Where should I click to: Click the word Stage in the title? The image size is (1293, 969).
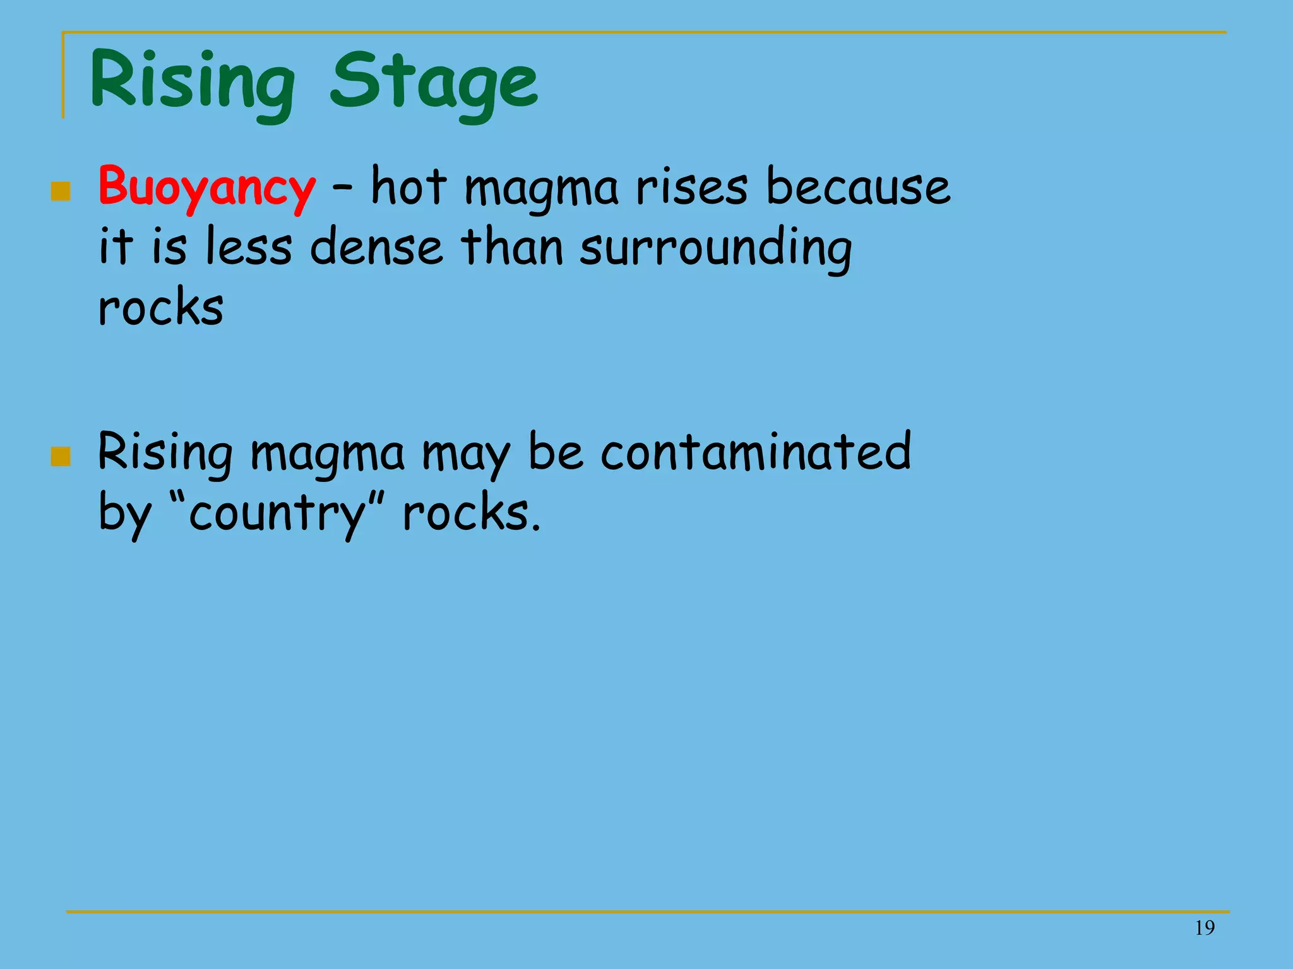click(434, 83)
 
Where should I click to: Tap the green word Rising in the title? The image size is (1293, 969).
click(193, 83)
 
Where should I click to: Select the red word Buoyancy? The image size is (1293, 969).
click(206, 187)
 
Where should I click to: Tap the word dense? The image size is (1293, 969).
click(376, 247)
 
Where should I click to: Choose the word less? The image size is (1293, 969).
click(249, 247)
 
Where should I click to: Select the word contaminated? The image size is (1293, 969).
click(756, 452)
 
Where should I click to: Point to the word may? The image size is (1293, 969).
click(465, 454)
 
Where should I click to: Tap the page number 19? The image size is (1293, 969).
click(1205, 928)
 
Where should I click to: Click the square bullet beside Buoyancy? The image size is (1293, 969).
click(61, 191)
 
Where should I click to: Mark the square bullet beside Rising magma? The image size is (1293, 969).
click(61, 456)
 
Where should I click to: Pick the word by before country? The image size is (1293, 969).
click(125, 514)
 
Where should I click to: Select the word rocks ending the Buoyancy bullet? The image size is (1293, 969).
click(161, 307)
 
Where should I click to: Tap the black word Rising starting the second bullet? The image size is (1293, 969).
click(165, 453)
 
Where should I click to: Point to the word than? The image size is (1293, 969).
click(511, 247)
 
